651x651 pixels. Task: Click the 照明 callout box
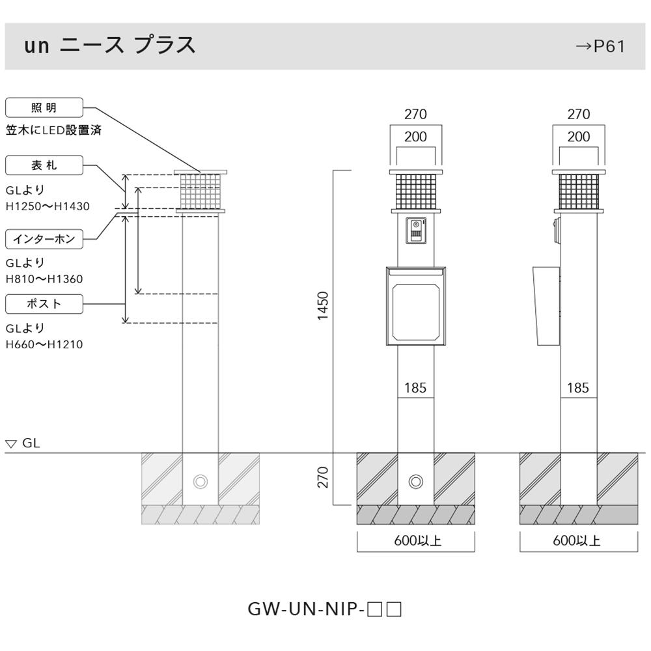[x=44, y=108]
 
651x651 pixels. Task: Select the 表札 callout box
[x=44, y=165]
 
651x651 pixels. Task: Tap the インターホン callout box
[x=44, y=239]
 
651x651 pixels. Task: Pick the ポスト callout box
[x=44, y=304]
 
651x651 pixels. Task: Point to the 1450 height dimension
[x=323, y=306]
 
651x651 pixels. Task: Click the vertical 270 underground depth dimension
[x=323, y=477]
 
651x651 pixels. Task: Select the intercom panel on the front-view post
[x=415, y=230]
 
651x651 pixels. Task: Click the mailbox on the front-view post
[x=415, y=307]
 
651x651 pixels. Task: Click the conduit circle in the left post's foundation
[x=201, y=482]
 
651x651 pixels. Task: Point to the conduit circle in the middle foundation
[x=416, y=482]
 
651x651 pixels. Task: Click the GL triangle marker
[x=11, y=444]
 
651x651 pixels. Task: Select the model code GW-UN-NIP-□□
[x=325, y=609]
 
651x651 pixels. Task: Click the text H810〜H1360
[x=44, y=279]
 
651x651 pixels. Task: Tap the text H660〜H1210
[x=44, y=344]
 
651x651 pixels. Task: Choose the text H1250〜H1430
[x=48, y=206]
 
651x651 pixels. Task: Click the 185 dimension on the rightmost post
[x=578, y=388]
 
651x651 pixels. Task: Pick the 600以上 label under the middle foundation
[x=418, y=540]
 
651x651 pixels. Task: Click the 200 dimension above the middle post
[x=415, y=137]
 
